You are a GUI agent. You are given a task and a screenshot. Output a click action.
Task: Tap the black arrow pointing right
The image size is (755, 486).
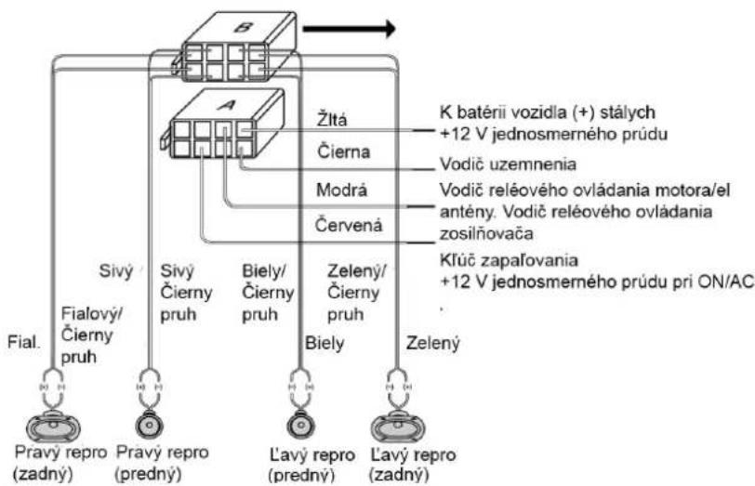349,29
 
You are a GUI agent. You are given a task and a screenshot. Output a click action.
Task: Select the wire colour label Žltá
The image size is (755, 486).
332,119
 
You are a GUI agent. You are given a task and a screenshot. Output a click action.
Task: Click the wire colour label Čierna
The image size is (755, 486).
344,151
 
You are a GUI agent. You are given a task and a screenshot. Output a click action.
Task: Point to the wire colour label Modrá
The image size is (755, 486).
341,190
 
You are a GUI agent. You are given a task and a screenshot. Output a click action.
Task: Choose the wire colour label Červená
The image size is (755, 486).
349,225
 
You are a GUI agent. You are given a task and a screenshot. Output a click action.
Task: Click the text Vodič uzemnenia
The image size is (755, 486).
508,164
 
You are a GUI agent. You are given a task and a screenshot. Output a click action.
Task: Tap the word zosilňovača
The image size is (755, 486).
486,234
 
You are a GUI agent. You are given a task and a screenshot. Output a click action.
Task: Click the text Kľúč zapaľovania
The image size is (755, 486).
509,260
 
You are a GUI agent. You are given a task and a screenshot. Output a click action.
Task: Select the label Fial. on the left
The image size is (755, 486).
23,343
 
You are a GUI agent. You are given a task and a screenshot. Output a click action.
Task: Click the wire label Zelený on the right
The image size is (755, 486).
433,344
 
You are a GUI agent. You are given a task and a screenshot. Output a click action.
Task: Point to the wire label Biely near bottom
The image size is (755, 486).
325,344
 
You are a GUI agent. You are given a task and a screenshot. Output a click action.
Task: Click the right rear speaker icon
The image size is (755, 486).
53,426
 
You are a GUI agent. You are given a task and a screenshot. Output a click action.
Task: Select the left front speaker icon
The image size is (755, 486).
300,426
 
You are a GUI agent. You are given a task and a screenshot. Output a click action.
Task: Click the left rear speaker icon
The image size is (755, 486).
398,426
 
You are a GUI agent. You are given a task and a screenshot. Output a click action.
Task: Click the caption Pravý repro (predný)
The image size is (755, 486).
163,464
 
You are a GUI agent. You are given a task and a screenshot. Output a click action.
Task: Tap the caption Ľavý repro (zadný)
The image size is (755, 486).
413,465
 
